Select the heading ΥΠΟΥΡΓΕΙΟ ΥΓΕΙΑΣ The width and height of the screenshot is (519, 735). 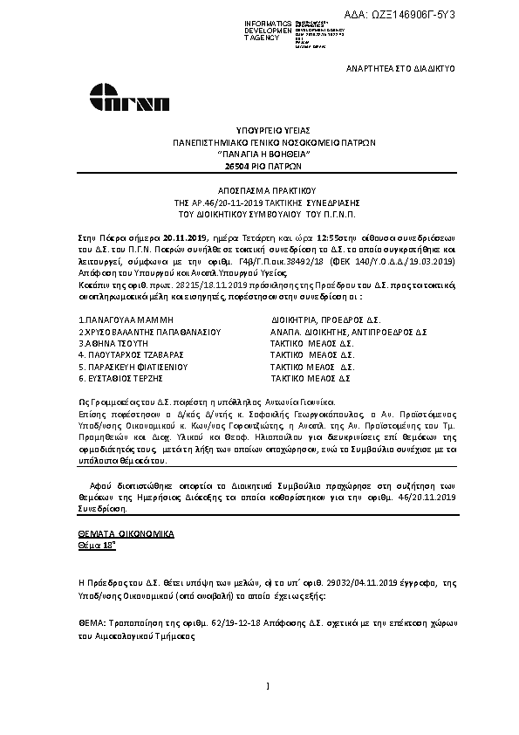click(x=274, y=127)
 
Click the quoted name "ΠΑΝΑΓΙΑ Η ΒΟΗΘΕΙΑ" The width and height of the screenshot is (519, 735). click(x=274, y=152)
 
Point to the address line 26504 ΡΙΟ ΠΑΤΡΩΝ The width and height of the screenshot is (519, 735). click(x=274, y=164)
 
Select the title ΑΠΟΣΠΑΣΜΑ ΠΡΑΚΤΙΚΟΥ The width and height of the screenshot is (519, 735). click(x=274, y=189)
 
